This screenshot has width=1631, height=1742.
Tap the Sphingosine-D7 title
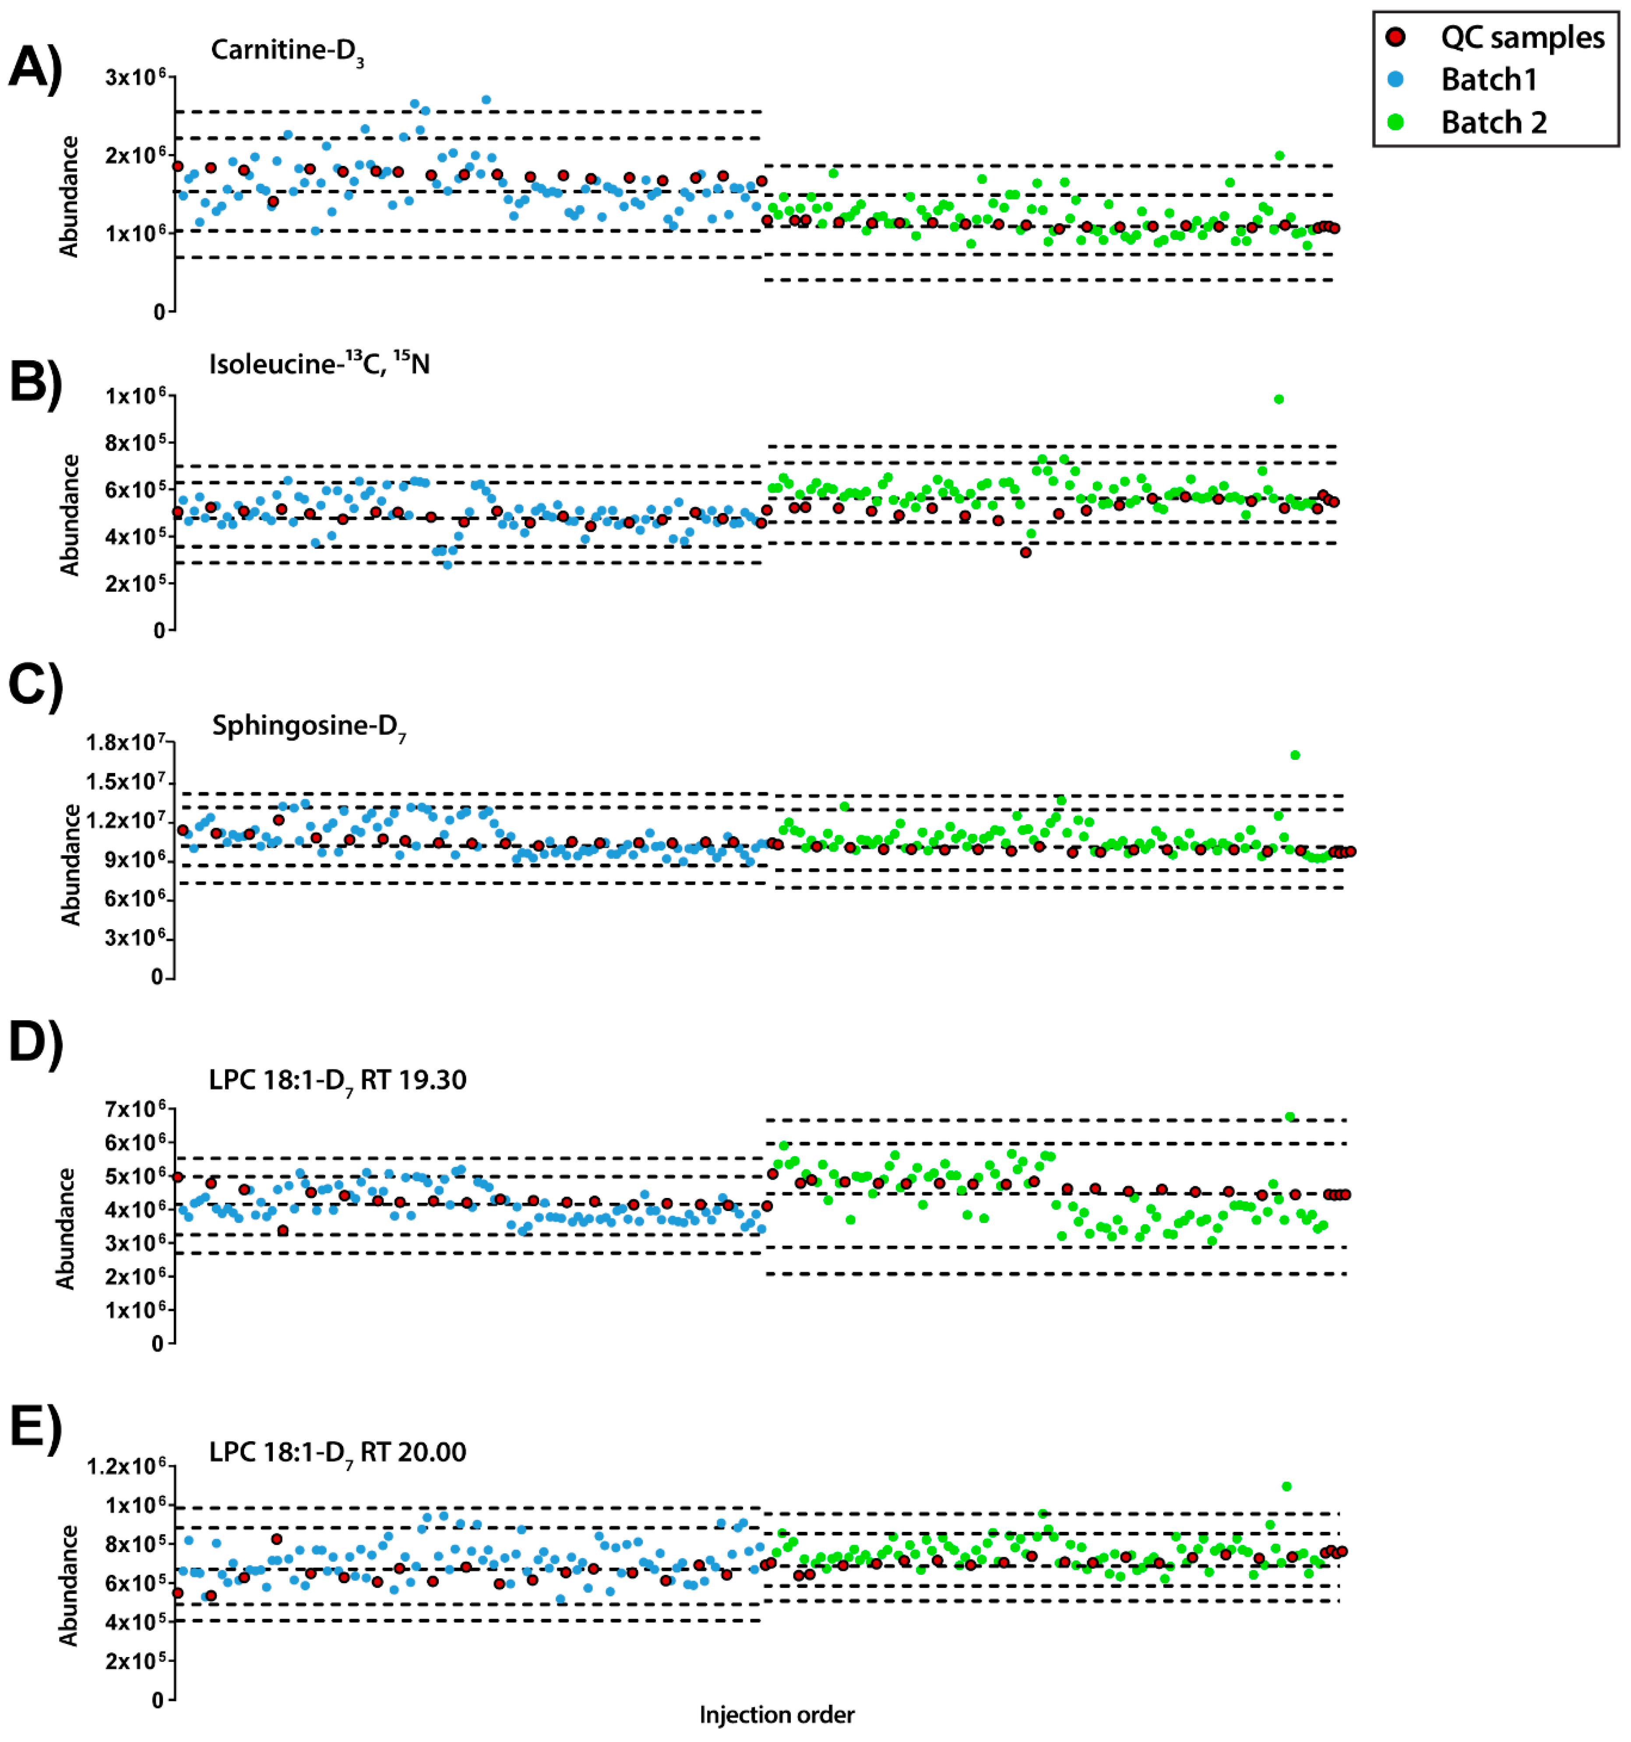(309, 727)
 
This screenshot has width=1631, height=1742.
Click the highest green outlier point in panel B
(1279, 400)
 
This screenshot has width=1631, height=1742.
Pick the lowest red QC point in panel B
(1025, 553)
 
